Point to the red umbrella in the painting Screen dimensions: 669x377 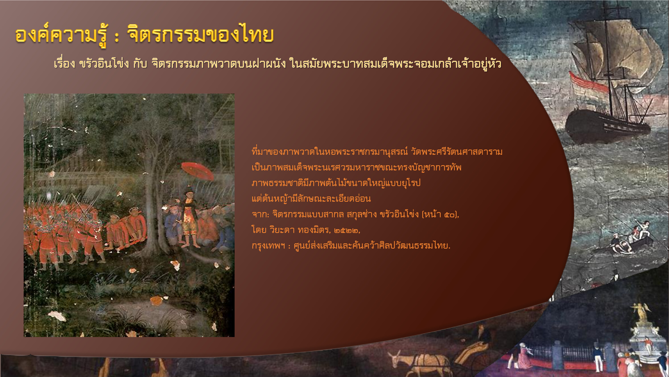(x=197, y=170)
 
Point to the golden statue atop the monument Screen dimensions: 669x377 (x=642, y=311)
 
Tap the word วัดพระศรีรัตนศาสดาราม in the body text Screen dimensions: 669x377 (x=456, y=151)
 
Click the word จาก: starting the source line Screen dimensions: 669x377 (x=260, y=214)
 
